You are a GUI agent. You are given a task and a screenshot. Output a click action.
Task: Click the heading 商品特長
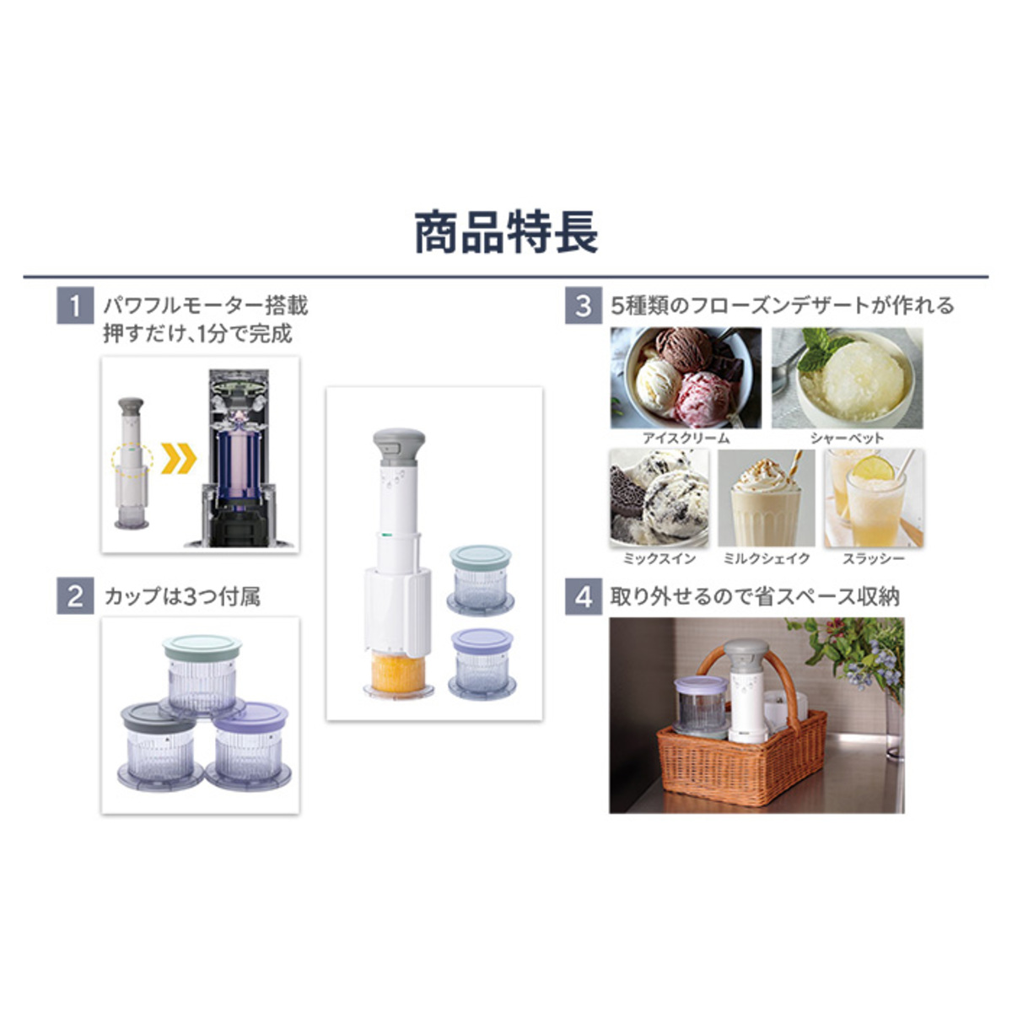[506, 233]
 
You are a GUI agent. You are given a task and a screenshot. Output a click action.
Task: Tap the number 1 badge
[75, 305]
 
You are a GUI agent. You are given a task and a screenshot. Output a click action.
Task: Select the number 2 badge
[75, 596]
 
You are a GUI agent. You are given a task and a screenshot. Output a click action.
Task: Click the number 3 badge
[584, 305]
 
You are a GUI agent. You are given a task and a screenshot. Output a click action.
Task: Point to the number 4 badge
[584, 596]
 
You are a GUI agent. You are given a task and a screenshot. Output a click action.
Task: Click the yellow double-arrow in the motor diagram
[179, 458]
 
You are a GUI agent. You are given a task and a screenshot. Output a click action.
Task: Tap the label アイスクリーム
[686, 438]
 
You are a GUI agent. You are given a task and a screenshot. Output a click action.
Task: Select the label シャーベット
[847, 438]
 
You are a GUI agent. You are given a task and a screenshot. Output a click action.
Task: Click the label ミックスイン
[659, 559]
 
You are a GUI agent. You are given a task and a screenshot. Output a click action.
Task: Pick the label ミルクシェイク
[767, 559]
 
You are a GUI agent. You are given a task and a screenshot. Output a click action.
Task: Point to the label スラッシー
[874, 559]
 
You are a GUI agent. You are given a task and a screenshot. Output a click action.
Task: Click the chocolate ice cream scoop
[684, 348]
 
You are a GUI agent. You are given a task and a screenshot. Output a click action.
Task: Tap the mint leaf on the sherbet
[822, 347]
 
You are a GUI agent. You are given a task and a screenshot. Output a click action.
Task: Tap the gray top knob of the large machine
[399, 447]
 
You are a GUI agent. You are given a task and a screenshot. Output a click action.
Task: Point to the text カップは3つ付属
[182, 596]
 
